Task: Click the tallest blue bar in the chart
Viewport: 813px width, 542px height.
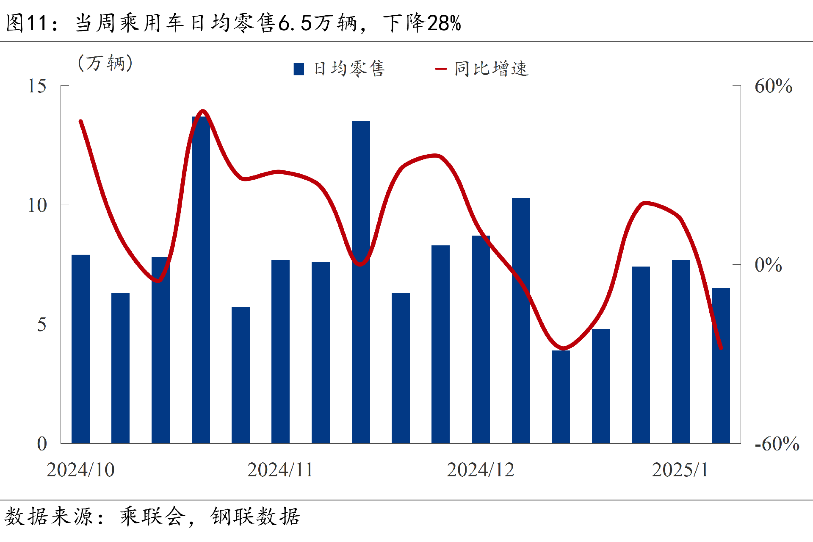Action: [201, 280]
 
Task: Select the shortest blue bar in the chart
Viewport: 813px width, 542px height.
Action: [561, 397]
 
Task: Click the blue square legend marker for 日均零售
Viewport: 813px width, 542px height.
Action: [299, 69]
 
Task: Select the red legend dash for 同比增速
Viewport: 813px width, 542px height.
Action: [441, 69]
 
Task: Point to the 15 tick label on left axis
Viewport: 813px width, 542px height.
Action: [37, 86]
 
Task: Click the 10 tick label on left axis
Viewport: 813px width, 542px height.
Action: [37, 206]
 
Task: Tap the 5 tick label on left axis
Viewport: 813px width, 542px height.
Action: [41, 325]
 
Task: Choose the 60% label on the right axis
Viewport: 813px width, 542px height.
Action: [773, 86]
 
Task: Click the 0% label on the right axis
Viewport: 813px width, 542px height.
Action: [768, 265]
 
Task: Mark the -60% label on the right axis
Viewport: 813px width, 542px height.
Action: [777, 444]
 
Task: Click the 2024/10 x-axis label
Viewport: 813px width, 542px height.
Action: [80, 470]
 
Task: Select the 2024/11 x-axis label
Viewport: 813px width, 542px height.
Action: [280, 470]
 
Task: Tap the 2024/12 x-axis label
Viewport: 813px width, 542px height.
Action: [480, 470]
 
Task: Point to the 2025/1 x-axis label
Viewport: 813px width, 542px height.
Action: [680, 470]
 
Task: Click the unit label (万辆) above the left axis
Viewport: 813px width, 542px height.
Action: [105, 63]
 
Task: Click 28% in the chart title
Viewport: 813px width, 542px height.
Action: [444, 23]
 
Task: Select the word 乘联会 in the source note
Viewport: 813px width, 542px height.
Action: [152, 516]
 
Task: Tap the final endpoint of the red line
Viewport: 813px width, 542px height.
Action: [721, 348]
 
